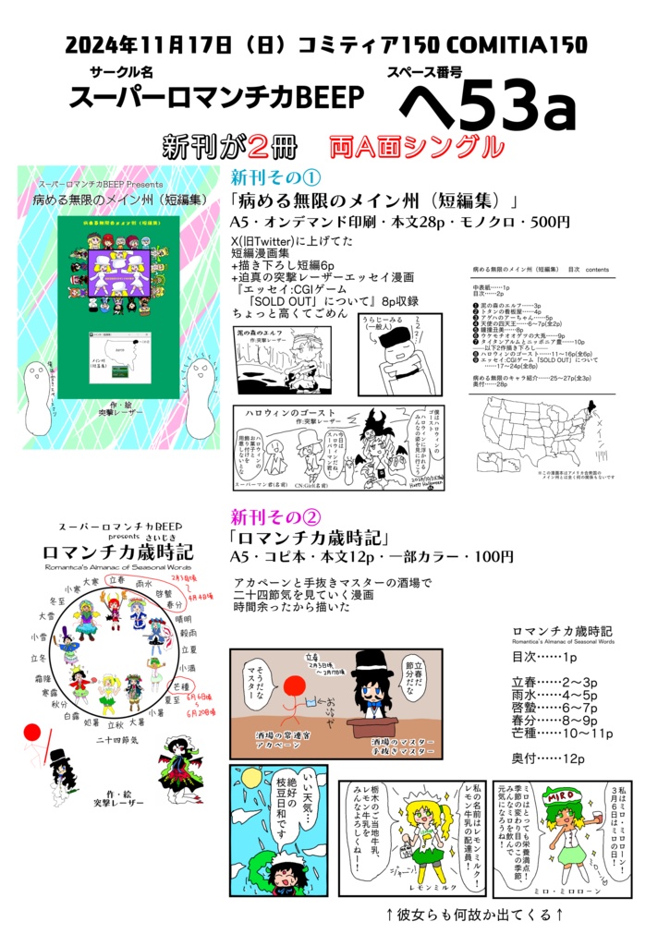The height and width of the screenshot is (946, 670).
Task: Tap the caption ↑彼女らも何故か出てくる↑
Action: [474, 916]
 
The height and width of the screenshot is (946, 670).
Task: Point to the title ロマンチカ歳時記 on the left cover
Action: [116, 552]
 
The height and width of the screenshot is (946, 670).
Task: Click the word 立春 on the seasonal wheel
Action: [116, 579]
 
